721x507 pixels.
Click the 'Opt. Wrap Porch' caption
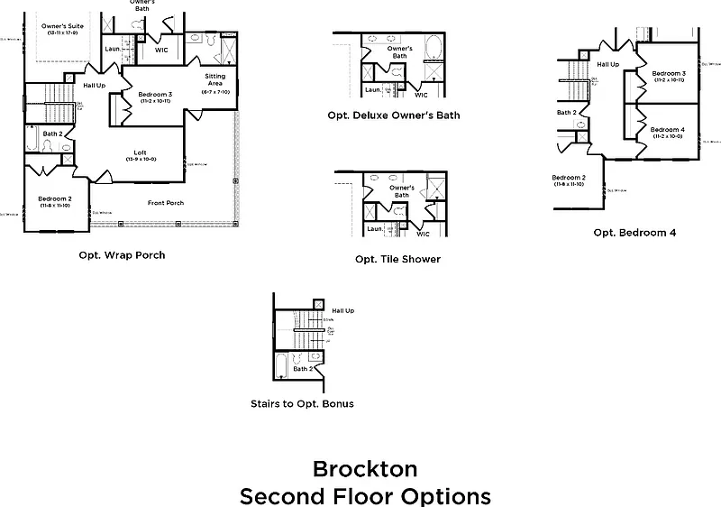123,255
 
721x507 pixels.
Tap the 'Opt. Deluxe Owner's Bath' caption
395,115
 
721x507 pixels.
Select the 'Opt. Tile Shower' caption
397,259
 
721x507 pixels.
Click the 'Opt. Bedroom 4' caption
634,232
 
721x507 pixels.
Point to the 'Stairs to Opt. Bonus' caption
302,403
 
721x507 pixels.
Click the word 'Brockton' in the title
365,469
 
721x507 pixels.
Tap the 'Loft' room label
141,152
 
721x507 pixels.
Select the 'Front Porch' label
166,203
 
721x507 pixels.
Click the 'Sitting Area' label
215,79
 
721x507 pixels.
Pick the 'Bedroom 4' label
668,130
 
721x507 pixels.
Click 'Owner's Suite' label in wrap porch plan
63,26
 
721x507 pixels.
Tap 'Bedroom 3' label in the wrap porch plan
155,94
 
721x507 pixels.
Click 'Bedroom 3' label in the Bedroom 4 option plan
669,73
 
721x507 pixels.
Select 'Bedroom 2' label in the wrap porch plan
55,198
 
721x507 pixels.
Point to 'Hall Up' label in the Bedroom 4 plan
608,64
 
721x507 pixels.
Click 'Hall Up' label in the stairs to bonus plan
342,310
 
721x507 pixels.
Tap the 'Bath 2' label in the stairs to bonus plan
304,369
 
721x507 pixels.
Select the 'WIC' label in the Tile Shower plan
423,234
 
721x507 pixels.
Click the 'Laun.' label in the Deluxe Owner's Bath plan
373,89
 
